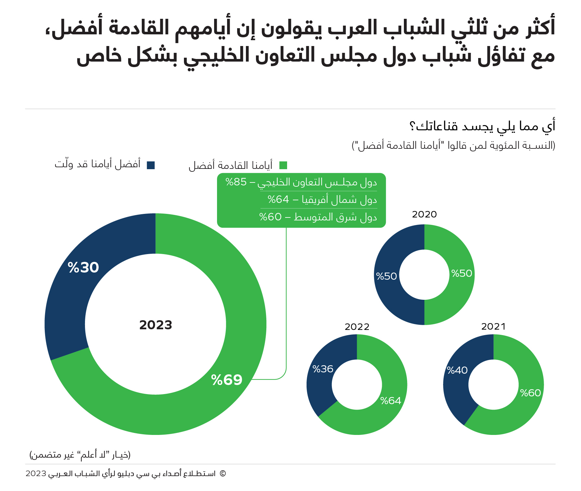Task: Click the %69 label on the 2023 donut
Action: point(227,380)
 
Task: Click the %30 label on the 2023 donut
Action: point(83,268)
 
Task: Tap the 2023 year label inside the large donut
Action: point(156,325)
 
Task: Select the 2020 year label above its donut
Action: point(424,215)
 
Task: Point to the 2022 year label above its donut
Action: point(357,327)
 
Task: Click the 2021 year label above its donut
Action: point(493,326)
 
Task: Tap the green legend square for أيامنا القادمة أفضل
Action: point(283,165)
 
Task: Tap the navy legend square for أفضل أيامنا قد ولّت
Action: point(151,165)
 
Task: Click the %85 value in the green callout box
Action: point(236,182)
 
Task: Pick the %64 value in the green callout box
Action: point(278,199)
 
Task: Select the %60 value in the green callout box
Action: point(270,216)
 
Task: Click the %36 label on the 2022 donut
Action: point(323,369)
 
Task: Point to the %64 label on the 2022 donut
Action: point(391,401)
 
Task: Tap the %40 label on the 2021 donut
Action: point(457,370)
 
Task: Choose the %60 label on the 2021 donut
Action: point(530,393)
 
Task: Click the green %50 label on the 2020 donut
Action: point(462,273)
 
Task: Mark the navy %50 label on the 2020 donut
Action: point(386,276)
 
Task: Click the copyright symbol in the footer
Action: point(223,473)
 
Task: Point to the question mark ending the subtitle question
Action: point(412,126)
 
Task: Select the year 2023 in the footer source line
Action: point(36,473)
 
